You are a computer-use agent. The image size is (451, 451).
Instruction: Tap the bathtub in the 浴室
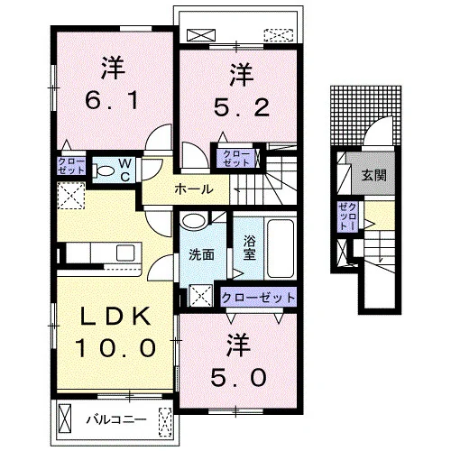281,248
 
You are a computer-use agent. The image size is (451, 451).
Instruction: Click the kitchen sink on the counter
125,253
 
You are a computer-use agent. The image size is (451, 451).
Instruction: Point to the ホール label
194,189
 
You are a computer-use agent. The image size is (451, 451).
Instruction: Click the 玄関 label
373,175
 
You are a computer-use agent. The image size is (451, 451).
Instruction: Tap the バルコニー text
116,419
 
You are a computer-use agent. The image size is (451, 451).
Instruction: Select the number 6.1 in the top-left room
112,100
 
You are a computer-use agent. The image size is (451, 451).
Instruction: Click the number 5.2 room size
242,107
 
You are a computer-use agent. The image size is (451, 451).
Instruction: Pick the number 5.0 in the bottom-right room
238,378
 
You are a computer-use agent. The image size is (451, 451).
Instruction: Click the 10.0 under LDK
115,347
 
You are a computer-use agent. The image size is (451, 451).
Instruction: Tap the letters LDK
115,317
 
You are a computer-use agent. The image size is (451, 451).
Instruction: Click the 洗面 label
201,255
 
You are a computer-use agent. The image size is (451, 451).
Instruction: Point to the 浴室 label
250,248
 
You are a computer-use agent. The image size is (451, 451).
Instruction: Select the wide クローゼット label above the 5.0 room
258,298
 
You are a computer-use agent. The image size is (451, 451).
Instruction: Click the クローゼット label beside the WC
71,166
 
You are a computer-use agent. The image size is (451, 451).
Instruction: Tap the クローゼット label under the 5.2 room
236,159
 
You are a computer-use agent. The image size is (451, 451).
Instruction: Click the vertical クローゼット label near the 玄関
347,216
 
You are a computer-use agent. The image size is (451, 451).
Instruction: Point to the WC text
125,170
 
